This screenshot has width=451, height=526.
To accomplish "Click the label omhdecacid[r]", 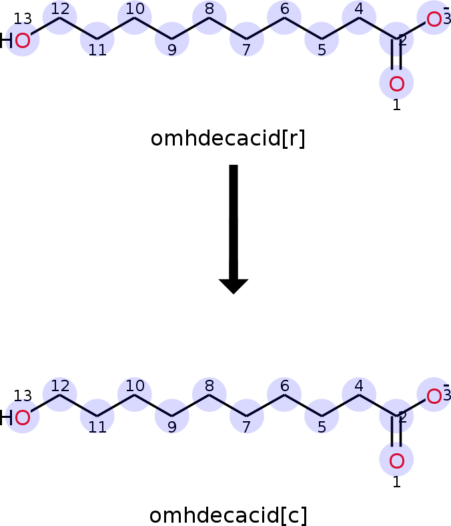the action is [228, 138].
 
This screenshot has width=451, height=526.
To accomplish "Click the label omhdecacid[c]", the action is [228, 515].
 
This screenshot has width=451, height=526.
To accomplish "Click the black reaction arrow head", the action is [234, 286].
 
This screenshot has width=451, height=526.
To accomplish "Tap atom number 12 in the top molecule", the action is [59, 17].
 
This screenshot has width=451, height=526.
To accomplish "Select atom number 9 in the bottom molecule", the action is [172, 416].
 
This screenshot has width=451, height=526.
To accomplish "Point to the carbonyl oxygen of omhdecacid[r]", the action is [396, 83].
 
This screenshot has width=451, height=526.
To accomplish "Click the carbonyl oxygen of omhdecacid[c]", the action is [396, 461].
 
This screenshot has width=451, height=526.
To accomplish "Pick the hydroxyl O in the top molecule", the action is [23, 41].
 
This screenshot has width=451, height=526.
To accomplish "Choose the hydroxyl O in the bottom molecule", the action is [23, 418].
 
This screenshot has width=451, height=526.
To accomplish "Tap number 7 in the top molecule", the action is [246, 50].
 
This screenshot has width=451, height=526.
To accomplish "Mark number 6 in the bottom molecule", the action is [284, 386].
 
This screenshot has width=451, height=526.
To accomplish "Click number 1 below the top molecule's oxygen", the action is [397, 105].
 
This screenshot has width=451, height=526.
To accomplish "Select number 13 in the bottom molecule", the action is [23, 396].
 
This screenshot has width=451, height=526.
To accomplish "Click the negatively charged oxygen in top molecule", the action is [434, 19].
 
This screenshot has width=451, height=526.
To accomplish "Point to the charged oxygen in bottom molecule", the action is [434, 397].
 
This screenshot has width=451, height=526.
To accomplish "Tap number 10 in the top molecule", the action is [135, 9].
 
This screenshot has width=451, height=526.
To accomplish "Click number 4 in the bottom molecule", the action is [359, 386].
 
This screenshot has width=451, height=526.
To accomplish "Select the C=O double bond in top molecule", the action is [396, 54].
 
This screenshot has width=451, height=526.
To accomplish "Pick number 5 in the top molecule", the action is [322, 50].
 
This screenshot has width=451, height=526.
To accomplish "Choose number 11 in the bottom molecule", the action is [97, 427].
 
